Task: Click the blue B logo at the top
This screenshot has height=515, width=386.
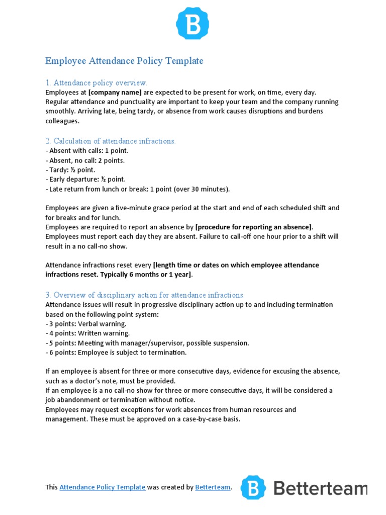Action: coord(192,24)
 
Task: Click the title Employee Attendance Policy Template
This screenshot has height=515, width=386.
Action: coord(124,61)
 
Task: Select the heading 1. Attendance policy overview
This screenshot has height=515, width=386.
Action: coord(96,82)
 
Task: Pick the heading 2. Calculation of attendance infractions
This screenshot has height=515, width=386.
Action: coord(111,141)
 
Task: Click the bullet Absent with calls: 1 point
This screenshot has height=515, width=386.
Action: coord(87,150)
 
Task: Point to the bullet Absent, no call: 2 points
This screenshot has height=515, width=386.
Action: coord(85,160)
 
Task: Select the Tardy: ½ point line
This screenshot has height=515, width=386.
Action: coord(70,170)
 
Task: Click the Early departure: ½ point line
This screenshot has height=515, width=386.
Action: coord(85,180)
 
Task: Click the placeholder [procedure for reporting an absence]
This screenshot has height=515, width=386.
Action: coord(254,227)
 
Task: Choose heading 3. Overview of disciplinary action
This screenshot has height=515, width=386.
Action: coord(145,295)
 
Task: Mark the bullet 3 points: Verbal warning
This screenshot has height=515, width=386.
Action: coord(86,324)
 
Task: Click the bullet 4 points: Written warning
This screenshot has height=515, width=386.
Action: coord(87,333)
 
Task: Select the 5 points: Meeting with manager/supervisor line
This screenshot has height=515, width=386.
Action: coord(147,343)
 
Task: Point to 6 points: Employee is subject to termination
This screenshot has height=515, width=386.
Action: coord(116,353)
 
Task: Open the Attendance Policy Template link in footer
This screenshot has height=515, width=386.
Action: coord(103,487)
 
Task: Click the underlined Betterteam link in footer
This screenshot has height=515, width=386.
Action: coord(213,487)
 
